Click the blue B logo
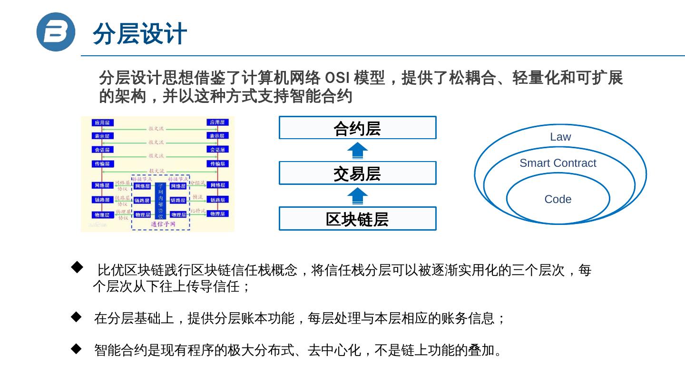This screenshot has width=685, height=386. pos(56,32)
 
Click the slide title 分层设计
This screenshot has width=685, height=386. pos(139,34)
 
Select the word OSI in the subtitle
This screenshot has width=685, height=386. pos(335,78)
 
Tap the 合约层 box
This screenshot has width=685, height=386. pos(357,128)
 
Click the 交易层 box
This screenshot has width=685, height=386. pos(357,173)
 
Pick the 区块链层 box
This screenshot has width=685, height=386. pos(357,219)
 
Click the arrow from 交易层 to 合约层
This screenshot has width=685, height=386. pos(357,151)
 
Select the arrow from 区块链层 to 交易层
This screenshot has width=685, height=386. pos(357,196)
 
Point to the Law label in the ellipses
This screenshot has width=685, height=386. pos(560,137)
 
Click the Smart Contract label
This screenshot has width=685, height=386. pos(558,163)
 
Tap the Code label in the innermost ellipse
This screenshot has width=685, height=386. pos(558,199)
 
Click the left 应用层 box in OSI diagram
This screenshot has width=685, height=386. pos(102,122)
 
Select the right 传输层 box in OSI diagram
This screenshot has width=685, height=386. pos(218,164)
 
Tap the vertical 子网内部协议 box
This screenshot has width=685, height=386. pos(160,201)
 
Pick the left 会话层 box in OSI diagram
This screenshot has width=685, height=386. pos(102,150)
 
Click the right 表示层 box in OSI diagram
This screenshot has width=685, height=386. pos(218,136)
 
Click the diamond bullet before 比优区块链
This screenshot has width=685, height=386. pos(77,268)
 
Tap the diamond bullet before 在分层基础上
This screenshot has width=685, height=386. pos(77,316)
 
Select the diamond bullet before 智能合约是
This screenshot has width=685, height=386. pos(77,349)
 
